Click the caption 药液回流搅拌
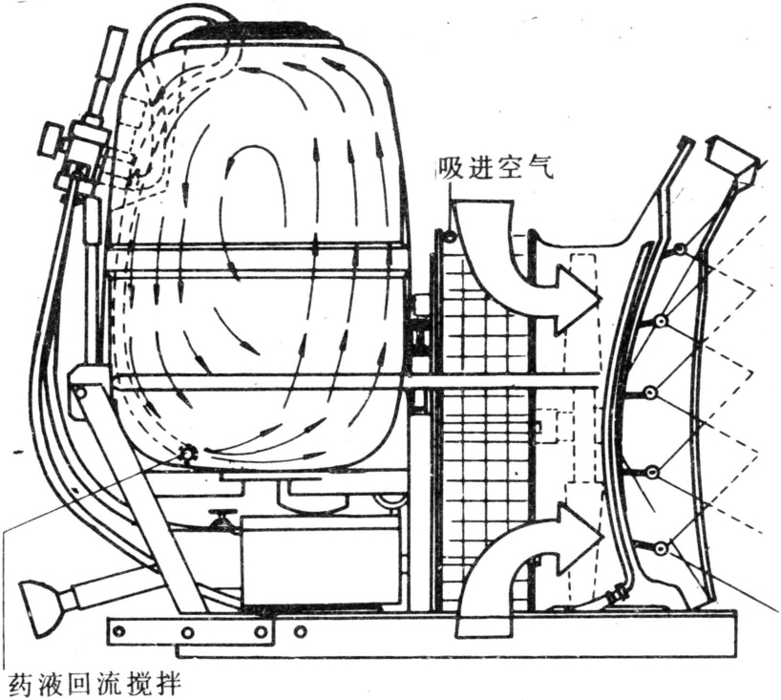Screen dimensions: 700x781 coord(94,684)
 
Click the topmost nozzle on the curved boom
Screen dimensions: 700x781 coord(677,250)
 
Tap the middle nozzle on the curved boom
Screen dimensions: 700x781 coord(623,392)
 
